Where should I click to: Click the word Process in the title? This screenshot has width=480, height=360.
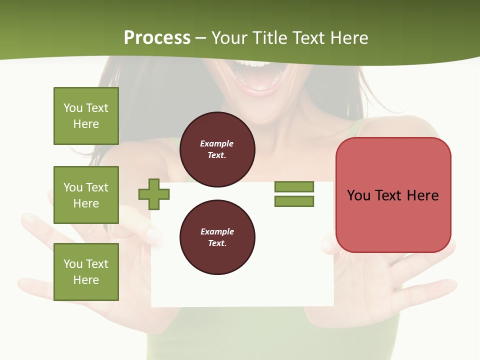[157, 38]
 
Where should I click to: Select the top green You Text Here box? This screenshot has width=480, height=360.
[86, 116]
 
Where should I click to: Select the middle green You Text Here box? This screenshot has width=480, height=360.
[86, 195]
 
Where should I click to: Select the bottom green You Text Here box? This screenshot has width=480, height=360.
[86, 272]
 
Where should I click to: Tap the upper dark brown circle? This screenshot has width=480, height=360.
[217, 149]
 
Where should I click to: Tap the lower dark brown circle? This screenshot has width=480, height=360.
[217, 237]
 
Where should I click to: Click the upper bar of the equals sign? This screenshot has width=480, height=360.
[294, 186]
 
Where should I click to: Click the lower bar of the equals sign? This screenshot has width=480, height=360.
[294, 201]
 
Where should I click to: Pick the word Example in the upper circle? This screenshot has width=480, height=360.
[217, 143]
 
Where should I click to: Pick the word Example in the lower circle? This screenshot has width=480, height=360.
[217, 231]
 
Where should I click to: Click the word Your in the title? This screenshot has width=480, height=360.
[229, 38]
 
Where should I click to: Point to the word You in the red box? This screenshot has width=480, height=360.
[358, 195]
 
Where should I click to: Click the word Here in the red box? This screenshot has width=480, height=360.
[422, 195]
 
